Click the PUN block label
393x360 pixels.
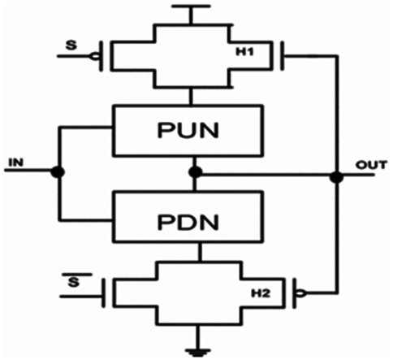pyautogui.click(x=188, y=131)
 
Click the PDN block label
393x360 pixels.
pyautogui.click(x=188, y=223)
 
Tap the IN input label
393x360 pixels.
pyautogui.click(x=16, y=163)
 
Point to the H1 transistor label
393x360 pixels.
pyautogui.click(x=244, y=52)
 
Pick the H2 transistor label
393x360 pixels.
pyautogui.click(x=261, y=293)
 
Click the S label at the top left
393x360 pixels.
pyautogui.click(x=71, y=46)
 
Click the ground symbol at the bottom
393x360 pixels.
pyautogui.click(x=198, y=352)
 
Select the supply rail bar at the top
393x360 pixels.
pyautogui.click(x=191, y=6)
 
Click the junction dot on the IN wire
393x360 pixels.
pyautogui.click(x=58, y=171)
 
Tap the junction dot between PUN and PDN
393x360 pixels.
pyautogui.click(x=196, y=172)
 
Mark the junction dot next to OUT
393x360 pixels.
pyautogui.click(x=336, y=177)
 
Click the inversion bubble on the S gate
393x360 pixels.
pyautogui.click(x=94, y=57)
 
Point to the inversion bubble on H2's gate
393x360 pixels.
pyautogui.click(x=301, y=293)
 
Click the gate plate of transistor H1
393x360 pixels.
pyautogui.click(x=282, y=56)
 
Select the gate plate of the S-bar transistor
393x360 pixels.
pyautogui.click(x=103, y=293)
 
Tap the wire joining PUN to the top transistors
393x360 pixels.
pyautogui.click(x=192, y=97)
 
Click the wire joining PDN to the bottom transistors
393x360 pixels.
pyautogui.click(x=200, y=252)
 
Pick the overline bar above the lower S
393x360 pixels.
pyautogui.click(x=77, y=275)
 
